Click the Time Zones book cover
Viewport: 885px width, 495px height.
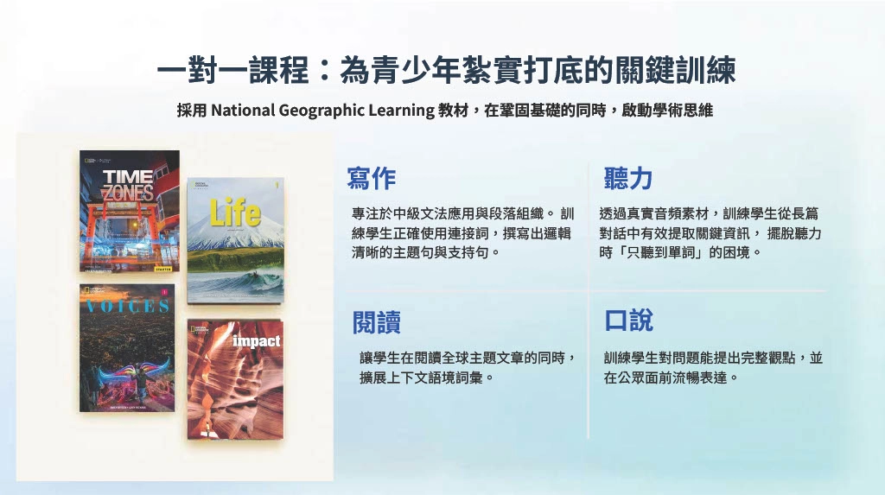click(130, 212)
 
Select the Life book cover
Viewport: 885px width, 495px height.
click(235, 241)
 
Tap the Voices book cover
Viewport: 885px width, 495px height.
click(127, 347)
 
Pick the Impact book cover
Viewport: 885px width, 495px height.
click(235, 379)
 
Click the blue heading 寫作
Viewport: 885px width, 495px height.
click(372, 178)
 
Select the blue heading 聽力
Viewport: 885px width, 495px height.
click(628, 178)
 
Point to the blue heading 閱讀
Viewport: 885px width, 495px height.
click(377, 322)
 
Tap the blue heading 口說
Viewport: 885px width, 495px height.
click(629, 320)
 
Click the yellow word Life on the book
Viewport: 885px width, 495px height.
click(235, 213)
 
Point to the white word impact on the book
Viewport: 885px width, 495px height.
click(256, 341)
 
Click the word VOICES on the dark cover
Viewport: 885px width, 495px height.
click(128, 306)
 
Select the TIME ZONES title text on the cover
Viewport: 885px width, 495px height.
click(128, 186)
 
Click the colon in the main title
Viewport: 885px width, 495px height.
click(324, 72)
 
